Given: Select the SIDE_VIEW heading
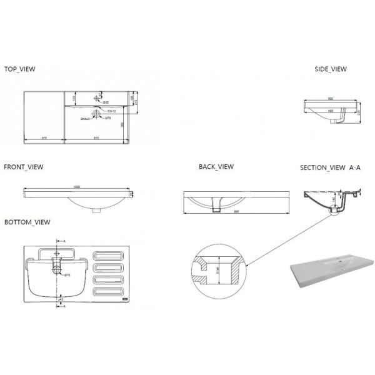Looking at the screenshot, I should pos(330,70).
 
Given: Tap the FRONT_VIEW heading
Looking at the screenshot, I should pos(23,167).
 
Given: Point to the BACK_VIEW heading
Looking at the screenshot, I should pos(216,167).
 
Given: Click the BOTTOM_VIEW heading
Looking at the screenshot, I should pos(27,222).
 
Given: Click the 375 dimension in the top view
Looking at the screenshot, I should pos(44,137).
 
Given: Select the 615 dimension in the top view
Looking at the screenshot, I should pos(96,137).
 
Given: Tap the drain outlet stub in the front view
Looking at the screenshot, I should pos(95,210).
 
